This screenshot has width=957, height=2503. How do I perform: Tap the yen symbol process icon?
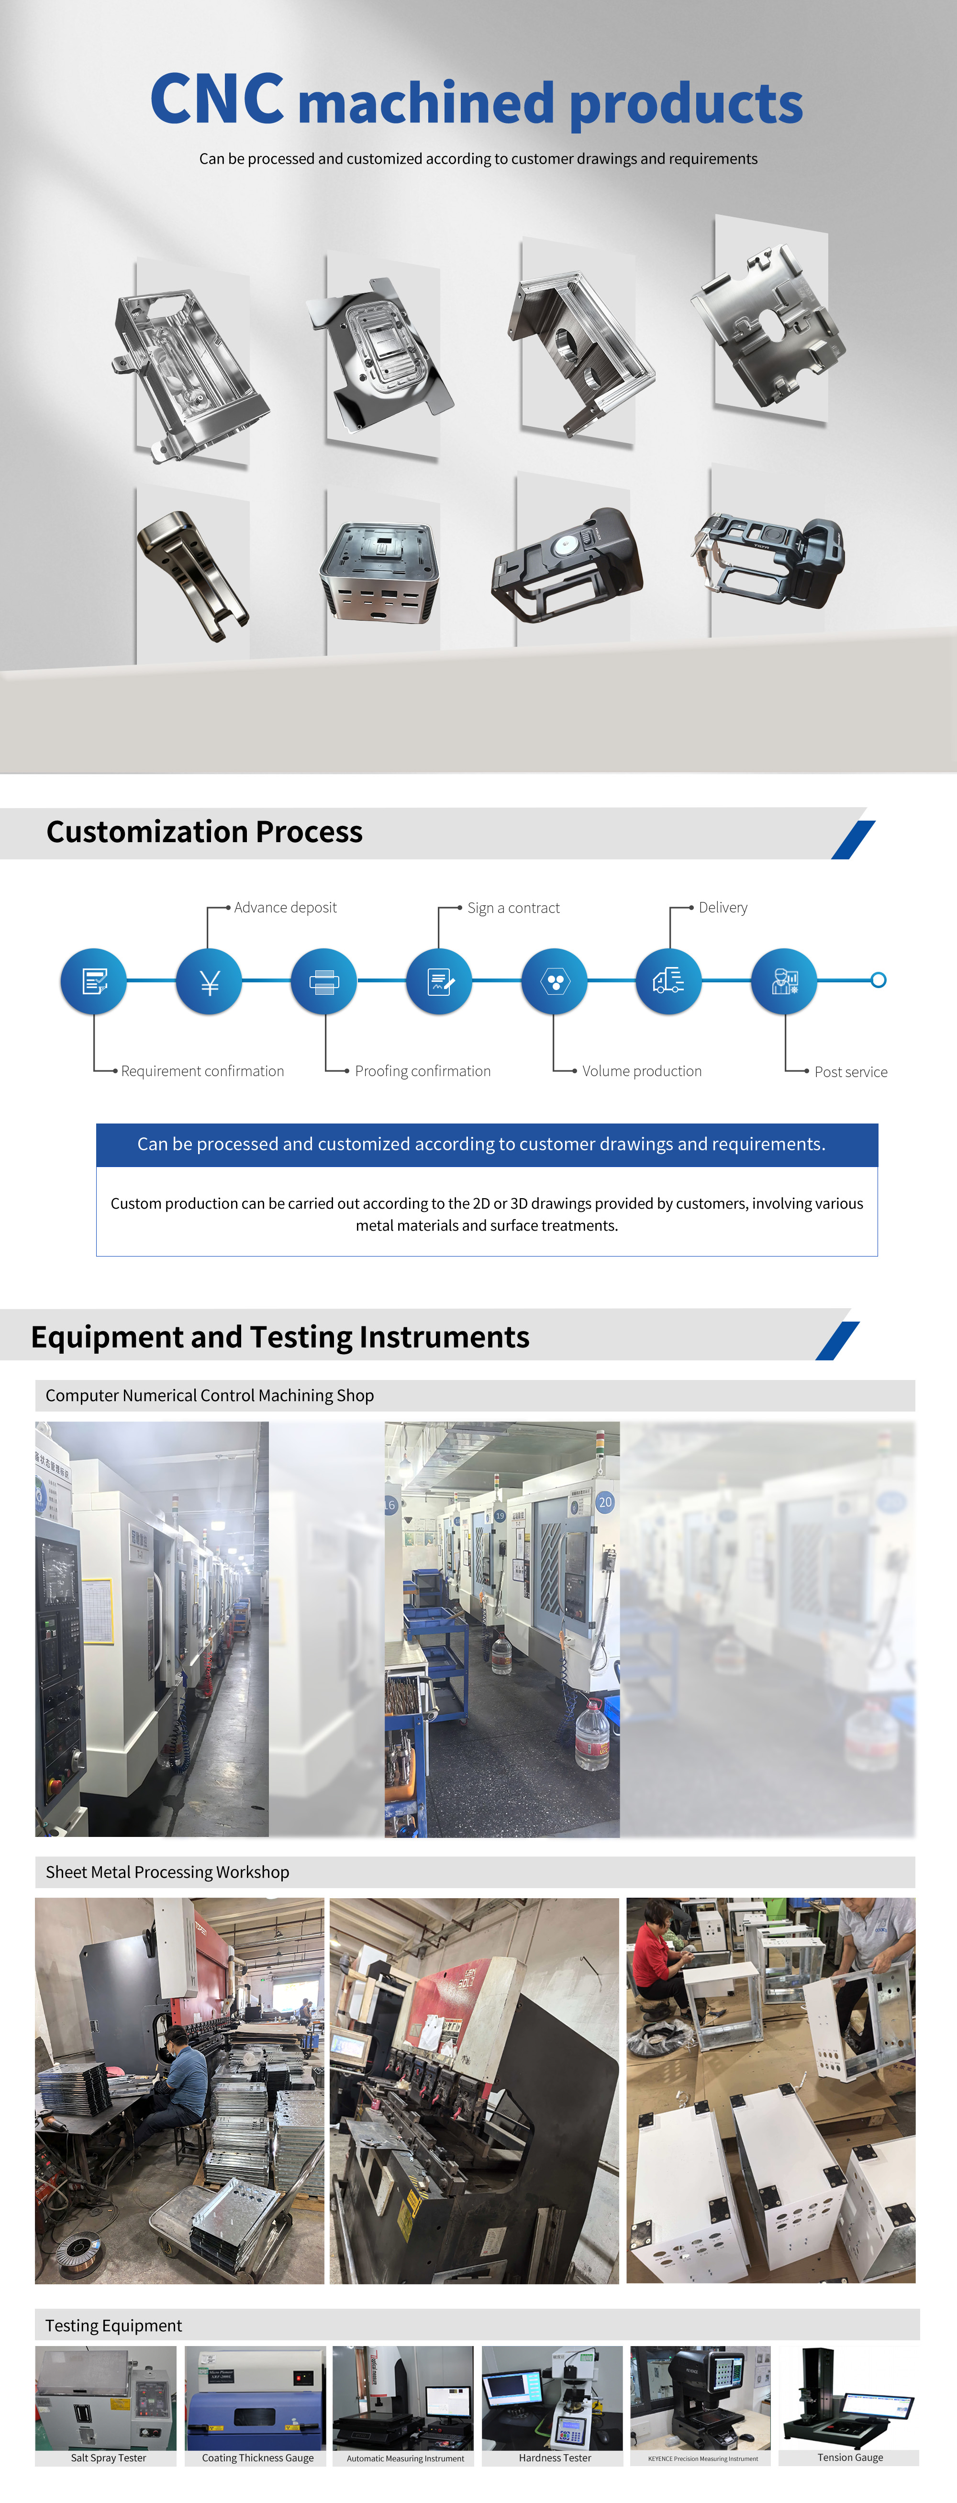tap(209, 981)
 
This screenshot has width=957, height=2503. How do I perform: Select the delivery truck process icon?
tap(668, 981)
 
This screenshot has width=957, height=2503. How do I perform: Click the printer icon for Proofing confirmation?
tap(323, 981)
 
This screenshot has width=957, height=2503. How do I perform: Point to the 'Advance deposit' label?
tap(285, 908)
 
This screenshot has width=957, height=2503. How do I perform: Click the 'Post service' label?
tap(850, 1072)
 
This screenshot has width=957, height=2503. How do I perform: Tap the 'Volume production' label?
tap(641, 1071)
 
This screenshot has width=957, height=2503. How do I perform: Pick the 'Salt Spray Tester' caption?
tap(108, 2458)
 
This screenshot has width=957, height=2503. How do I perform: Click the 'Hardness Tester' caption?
tap(554, 2458)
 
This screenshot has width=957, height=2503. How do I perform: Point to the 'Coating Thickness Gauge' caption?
tap(257, 2458)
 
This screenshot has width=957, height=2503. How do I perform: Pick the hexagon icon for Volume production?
tap(554, 981)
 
